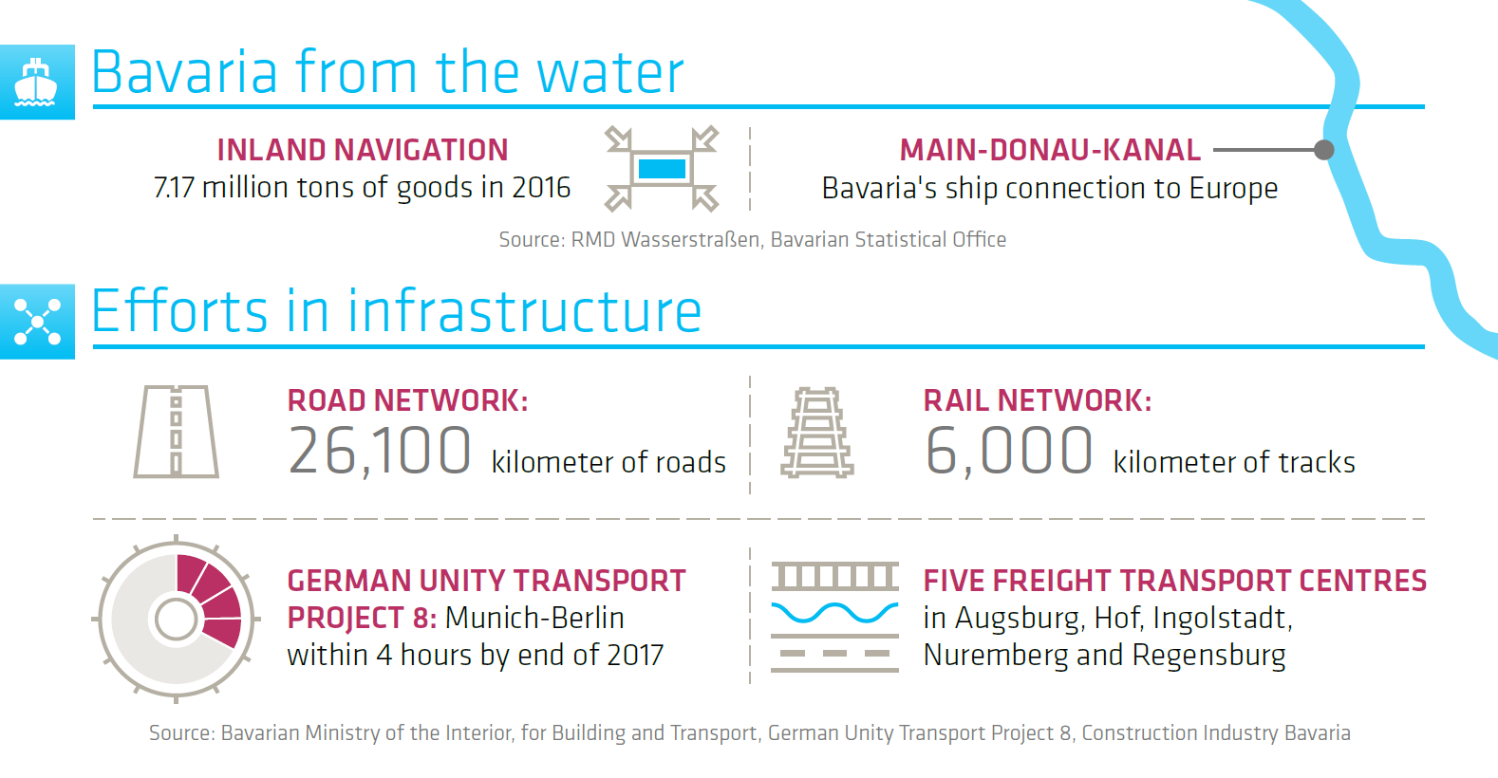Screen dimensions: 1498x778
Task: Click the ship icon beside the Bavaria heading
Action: (x=35, y=83)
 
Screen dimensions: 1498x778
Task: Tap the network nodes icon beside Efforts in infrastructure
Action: (x=37, y=322)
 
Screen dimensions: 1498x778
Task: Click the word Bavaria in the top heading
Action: (x=184, y=71)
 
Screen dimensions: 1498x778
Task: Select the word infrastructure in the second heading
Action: (x=524, y=310)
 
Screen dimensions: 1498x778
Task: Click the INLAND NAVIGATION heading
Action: (x=363, y=150)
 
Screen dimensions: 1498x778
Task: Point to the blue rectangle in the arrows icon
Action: (x=662, y=169)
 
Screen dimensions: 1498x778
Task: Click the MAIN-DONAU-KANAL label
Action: (x=1050, y=150)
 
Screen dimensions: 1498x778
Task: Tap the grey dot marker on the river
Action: (x=1323, y=150)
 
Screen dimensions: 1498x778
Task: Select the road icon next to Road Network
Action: (x=176, y=431)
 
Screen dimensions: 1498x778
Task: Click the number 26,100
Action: (x=379, y=452)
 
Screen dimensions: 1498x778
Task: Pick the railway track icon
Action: (x=817, y=433)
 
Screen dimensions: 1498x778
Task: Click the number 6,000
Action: (x=1008, y=452)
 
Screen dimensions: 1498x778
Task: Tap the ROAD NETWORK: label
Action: (x=408, y=400)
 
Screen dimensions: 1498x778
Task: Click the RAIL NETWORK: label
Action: (x=1038, y=400)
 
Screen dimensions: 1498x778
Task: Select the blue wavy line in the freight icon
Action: (x=834, y=612)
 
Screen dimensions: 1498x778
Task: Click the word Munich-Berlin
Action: (x=534, y=618)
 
